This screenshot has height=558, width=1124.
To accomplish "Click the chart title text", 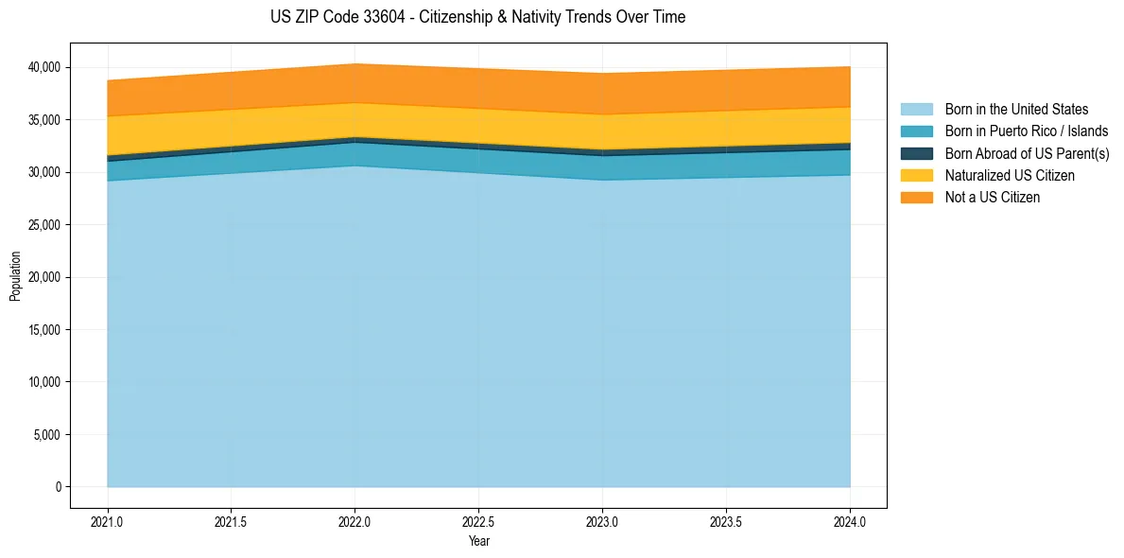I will [477, 17].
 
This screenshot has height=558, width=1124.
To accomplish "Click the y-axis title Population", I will [15, 276].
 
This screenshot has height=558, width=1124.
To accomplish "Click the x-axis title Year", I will [478, 541].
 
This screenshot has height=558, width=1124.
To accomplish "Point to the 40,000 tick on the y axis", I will [43, 67].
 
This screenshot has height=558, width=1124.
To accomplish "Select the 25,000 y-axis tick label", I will [43, 225].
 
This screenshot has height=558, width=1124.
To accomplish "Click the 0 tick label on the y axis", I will [58, 487].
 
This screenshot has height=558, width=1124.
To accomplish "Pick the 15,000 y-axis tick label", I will [43, 330].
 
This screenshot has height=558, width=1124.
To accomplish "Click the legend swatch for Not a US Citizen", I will [916, 198].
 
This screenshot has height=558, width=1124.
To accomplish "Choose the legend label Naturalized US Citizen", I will [1010, 176].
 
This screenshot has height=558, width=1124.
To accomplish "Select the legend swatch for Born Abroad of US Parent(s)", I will [916, 153].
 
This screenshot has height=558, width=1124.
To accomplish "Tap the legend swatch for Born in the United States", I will [916, 110].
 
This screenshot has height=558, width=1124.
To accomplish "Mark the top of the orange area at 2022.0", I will [354, 64].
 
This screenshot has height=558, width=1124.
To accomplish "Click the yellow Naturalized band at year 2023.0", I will [602, 131].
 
